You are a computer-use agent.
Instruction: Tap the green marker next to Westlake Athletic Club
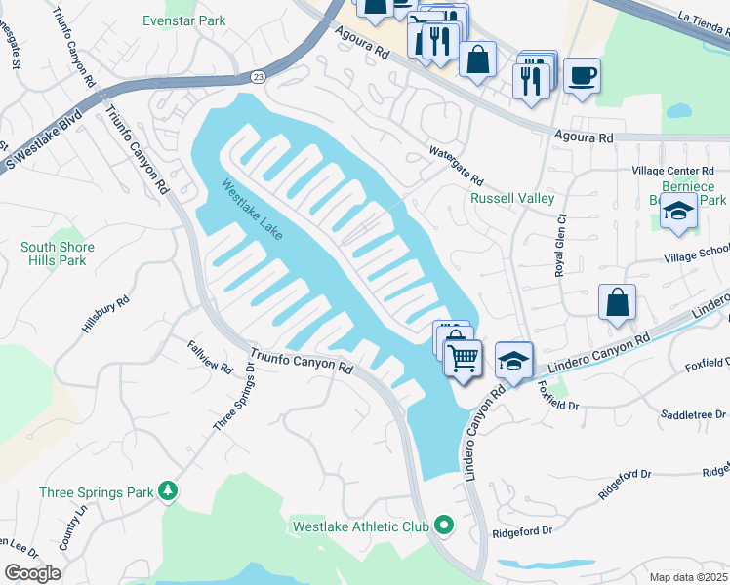[444, 526]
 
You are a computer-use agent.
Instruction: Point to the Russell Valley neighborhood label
[512, 198]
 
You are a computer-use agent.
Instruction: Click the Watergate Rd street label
[457, 166]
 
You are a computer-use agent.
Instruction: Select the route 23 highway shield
[258, 76]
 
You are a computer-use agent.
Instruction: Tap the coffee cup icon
[582, 75]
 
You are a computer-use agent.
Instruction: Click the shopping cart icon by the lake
[463, 357]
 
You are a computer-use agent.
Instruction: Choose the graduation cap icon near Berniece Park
[677, 211]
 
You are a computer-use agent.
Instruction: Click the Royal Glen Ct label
[560, 248]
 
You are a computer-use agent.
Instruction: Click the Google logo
[31, 573]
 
